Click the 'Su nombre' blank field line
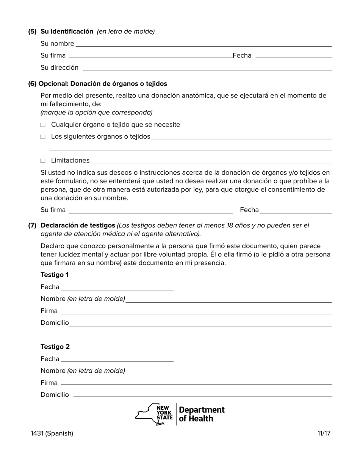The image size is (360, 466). [x=203, y=45]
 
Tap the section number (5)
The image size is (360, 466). [x=32, y=31]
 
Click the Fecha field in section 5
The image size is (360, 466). [x=293, y=56]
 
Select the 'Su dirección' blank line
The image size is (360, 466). [x=207, y=69]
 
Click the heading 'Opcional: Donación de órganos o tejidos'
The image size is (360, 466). [x=97, y=84]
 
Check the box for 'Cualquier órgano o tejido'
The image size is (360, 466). [x=43, y=125]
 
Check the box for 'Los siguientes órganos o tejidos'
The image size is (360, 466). [x=43, y=137]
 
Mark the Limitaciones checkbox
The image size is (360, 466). [x=43, y=161]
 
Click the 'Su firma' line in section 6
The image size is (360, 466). [x=150, y=211]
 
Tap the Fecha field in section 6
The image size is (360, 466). [x=296, y=211]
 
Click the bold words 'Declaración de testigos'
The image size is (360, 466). [x=78, y=225]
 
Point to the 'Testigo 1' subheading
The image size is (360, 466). [x=55, y=275]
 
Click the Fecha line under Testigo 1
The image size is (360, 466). [x=117, y=288]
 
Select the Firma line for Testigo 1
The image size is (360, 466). [x=196, y=312]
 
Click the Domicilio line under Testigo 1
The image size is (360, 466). [x=200, y=324]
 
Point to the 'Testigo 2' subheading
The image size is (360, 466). [x=55, y=347]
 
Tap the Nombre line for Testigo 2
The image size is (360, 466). [x=229, y=372]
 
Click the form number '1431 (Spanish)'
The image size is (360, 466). [x=52, y=433]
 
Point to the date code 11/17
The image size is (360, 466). [x=324, y=433]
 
